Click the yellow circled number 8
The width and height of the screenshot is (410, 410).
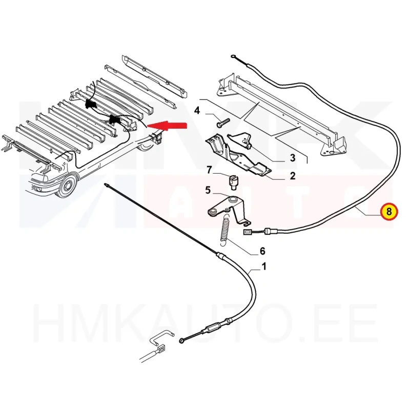pyautogui.click(x=388, y=211)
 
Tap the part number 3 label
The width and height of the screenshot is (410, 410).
pyautogui.click(x=293, y=157)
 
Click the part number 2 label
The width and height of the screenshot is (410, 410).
pyautogui.click(x=293, y=176)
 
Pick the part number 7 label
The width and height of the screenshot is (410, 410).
pyautogui.click(x=209, y=170)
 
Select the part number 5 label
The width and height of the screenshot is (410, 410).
pyautogui.click(x=208, y=191)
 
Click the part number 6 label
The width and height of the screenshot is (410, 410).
pyautogui.click(x=262, y=251)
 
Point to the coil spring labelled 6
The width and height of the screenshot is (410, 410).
pyautogui.click(x=224, y=228)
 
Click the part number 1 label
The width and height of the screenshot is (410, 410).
pyautogui.click(x=264, y=266)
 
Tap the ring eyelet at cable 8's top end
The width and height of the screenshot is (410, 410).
pyautogui.click(x=234, y=56)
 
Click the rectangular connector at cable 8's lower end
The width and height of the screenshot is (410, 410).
pyautogui.click(x=248, y=233)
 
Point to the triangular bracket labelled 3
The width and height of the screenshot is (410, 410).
pyautogui.click(x=241, y=139)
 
